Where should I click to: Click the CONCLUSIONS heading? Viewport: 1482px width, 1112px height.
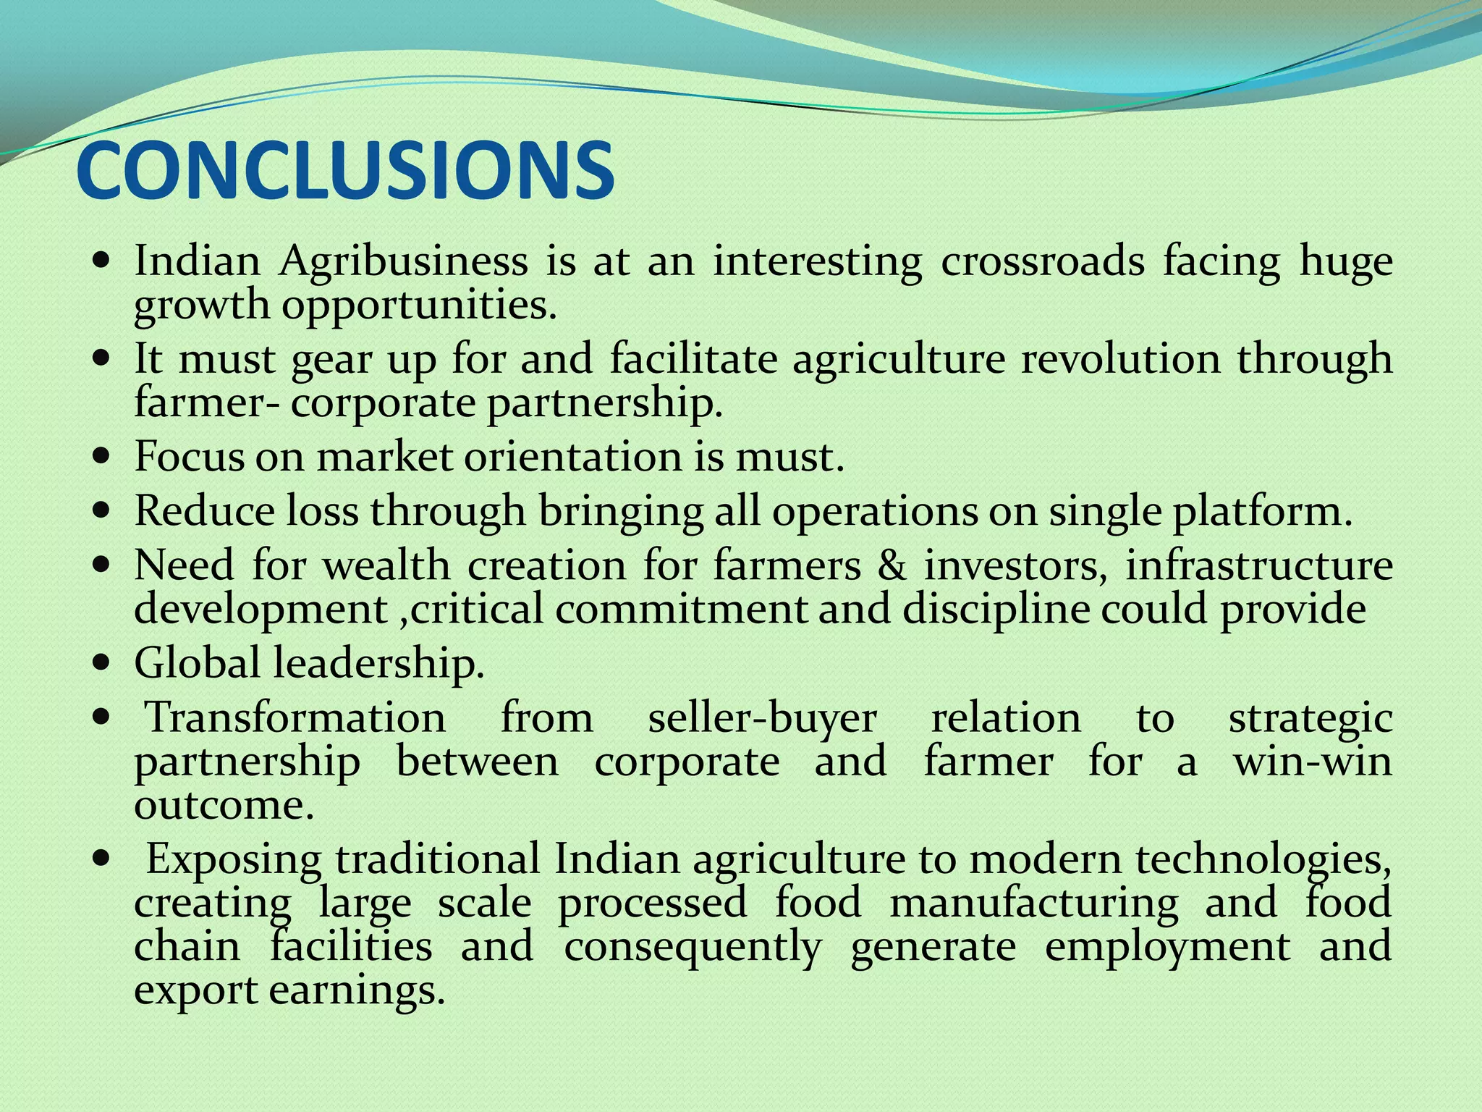345,171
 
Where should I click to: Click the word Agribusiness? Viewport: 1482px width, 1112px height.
404,261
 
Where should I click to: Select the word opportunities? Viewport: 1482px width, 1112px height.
419,305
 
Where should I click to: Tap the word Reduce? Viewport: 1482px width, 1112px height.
204,511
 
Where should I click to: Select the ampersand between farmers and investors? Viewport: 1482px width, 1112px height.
892,565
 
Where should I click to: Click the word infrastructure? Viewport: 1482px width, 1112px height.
1258,565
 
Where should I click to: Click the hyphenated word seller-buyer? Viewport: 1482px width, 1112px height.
762,719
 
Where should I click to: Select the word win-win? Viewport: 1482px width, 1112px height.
1313,762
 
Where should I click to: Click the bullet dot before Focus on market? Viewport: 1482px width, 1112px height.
102,457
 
